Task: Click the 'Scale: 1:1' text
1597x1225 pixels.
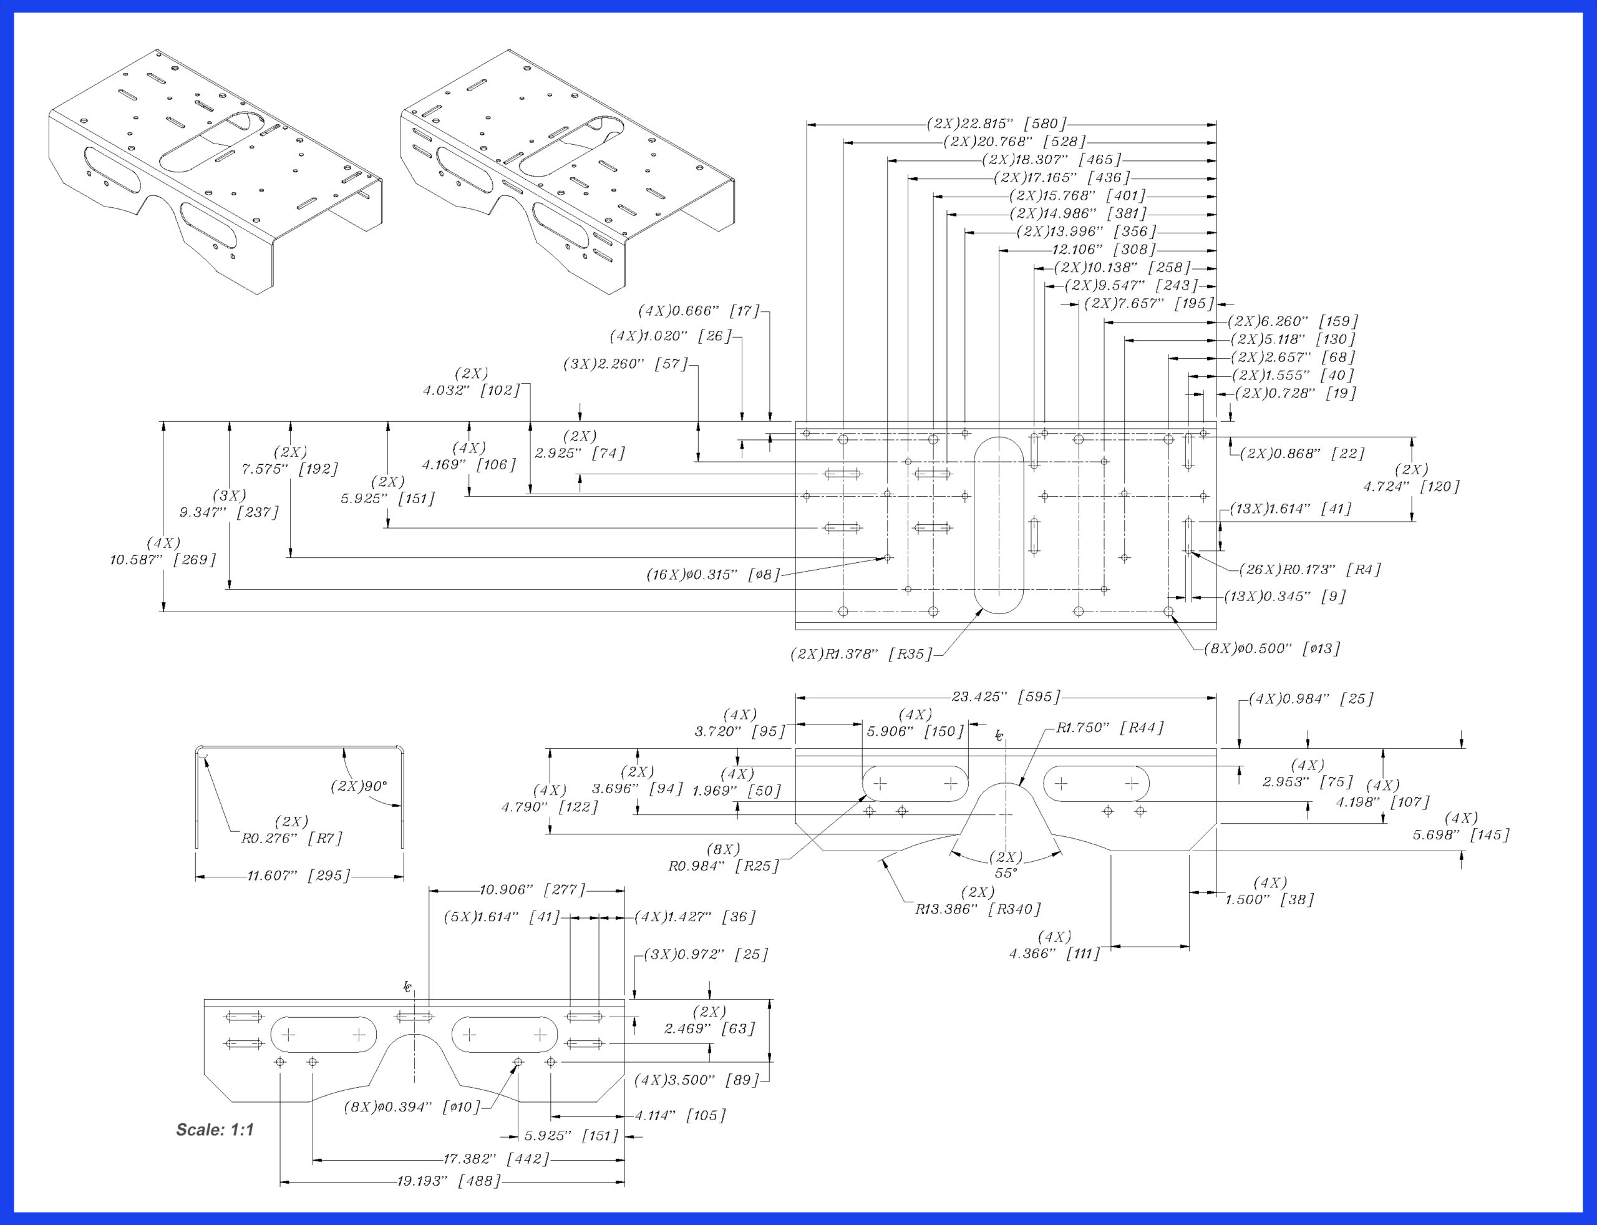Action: tap(215, 1130)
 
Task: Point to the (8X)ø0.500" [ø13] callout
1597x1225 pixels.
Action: tap(1272, 648)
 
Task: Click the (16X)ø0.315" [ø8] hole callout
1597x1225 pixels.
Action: tap(714, 575)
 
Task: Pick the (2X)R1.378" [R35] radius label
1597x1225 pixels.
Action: tap(861, 654)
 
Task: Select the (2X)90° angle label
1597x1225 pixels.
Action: tap(359, 787)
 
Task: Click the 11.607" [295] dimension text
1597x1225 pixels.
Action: tap(299, 875)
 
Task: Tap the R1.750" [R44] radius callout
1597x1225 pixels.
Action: tap(1110, 728)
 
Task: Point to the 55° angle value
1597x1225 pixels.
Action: tap(1005, 872)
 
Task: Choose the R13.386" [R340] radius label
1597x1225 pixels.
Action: tap(978, 909)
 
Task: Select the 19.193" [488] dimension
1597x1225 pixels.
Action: tap(449, 1181)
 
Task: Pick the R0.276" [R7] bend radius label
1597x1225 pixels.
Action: tap(291, 838)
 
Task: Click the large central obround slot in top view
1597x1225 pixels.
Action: tap(999, 525)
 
